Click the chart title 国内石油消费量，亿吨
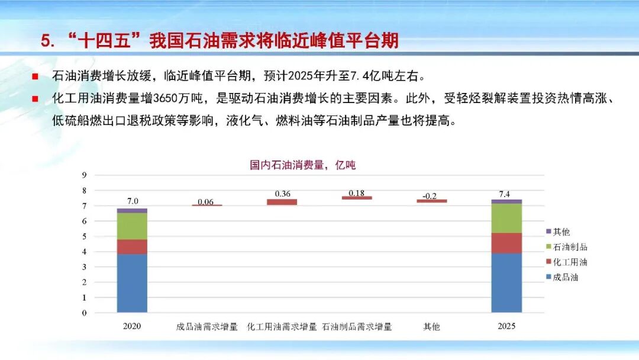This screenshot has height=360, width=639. coord(303,165)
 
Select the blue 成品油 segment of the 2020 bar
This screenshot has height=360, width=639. coord(132,283)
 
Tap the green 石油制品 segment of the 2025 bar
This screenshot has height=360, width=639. coord(506,218)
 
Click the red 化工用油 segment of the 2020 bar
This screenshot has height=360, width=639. coord(132,246)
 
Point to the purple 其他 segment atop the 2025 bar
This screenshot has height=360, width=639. coord(506,201)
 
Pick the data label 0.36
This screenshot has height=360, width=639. coord(282,194)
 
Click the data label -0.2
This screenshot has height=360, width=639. coord(431,195)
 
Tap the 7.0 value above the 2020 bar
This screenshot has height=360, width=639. coord(132,201)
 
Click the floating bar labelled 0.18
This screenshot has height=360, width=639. coord(357,198)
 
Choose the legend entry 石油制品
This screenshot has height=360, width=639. coord(570,247)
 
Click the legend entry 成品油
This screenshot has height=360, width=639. coord(566,277)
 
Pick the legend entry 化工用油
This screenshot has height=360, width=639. coord(570,262)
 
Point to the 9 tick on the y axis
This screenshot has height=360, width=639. coord(85,175)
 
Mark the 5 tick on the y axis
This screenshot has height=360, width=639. coord(85,236)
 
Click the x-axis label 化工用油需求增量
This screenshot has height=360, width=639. coord(282,326)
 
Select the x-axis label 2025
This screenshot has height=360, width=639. coord(506,326)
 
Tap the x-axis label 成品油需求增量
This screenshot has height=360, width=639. coord(207,326)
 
